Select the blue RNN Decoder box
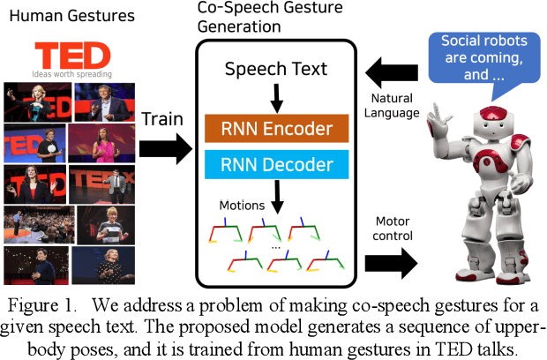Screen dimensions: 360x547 pyautogui.click(x=277, y=165)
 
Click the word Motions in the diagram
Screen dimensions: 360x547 pyautogui.click(x=242, y=206)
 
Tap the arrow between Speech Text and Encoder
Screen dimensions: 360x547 pyautogui.click(x=277, y=98)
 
